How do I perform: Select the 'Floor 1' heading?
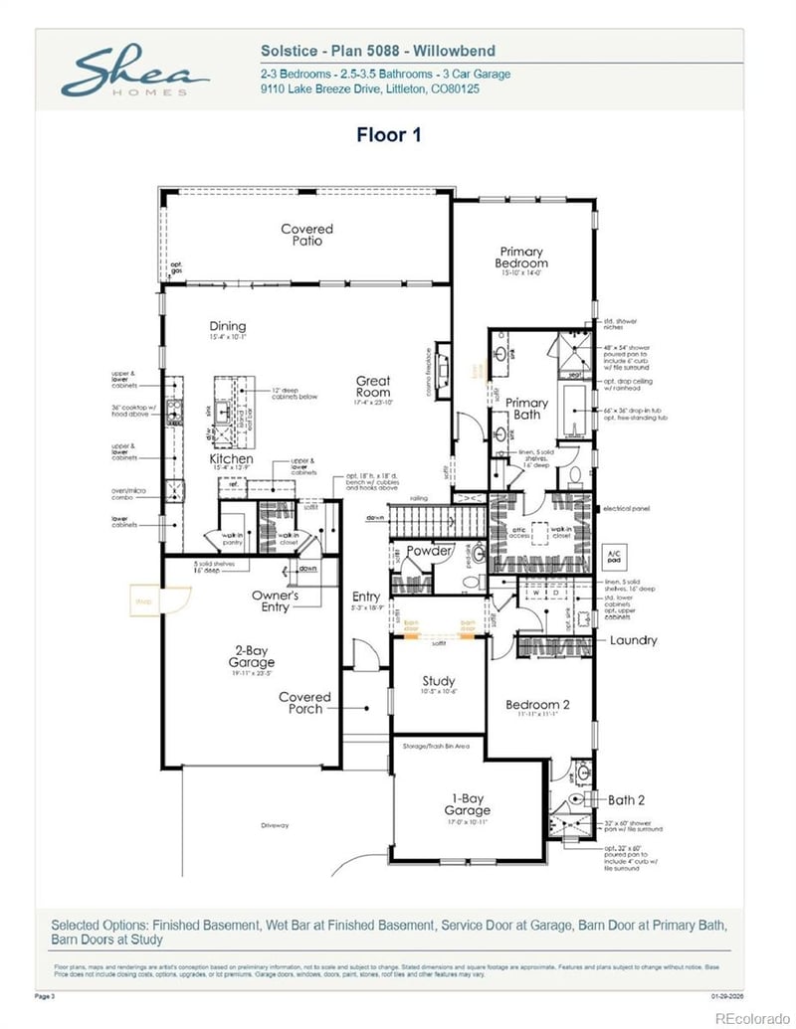[x=388, y=134]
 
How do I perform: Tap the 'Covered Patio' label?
[x=306, y=235]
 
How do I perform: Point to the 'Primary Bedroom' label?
[x=521, y=257]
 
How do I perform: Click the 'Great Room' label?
[x=373, y=386]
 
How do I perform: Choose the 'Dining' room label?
[x=227, y=326]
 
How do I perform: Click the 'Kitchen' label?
[x=231, y=459]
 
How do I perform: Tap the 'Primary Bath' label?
[x=526, y=409]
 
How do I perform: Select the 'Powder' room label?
[x=430, y=551]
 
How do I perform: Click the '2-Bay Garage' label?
[x=251, y=656]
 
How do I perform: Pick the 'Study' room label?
[x=439, y=681]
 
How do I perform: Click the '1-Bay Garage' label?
[x=467, y=803]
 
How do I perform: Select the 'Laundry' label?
[x=633, y=640]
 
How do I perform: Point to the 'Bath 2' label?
[x=627, y=799]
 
